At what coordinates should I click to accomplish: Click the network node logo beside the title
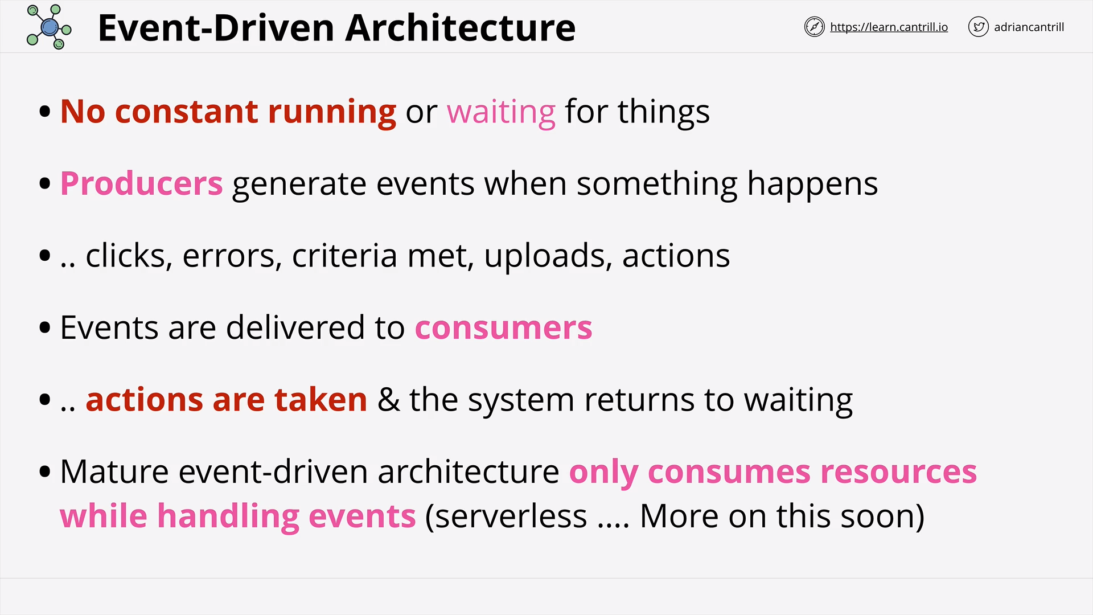coord(49,27)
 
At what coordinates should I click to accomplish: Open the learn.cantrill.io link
coord(889,27)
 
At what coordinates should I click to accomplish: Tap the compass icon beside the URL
coord(814,27)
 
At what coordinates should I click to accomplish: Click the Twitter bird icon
coord(978,27)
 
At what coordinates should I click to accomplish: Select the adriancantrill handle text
coord(1029,27)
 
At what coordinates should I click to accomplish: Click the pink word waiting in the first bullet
coord(501,112)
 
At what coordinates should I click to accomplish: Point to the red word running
coord(332,112)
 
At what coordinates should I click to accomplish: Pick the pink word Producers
coord(141,183)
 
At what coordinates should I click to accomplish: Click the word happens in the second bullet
coord(812,184)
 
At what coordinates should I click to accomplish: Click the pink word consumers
coord(503,328)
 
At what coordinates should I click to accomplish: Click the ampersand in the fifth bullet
coord(388,399)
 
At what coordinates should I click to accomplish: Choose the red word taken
coord(320,399)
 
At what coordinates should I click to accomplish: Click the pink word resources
coord(898,472)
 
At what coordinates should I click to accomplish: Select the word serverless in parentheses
coord(506,516)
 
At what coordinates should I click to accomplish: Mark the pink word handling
coord(228,516)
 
